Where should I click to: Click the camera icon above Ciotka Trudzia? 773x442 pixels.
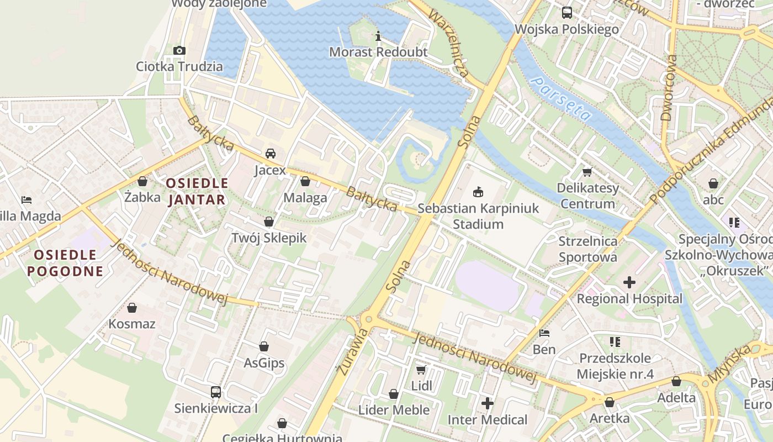click(x=179, y=51)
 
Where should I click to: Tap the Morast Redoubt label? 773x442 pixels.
click(x=378, y=52)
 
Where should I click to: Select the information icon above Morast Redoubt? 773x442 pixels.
click(x=378, y=36)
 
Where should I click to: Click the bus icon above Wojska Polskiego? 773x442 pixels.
click(x=566, y=13)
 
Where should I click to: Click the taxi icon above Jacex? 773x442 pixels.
click(x=271, y=154)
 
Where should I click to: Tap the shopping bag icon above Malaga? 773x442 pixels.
click(x=305, y=181)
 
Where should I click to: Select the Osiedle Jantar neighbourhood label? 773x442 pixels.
click(x=197, y=191)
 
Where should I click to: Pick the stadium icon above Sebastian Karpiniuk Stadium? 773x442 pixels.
click(x=478, y=192)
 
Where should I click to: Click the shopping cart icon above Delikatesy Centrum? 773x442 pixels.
click(x=587, y=172)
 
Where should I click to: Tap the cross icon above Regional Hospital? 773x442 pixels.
click(x=629, y=282)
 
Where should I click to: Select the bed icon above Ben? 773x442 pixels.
click(x=544, y=333)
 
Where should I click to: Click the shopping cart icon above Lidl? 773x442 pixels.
click(x=421, y=370)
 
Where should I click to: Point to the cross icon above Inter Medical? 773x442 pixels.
click(x=487, y=403)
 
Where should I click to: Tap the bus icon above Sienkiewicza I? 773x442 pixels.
click(x=216, y=392)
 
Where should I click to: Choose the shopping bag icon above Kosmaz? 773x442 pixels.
click(x=132, y=308)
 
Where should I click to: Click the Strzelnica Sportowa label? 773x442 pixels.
click(x=587, y=249)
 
